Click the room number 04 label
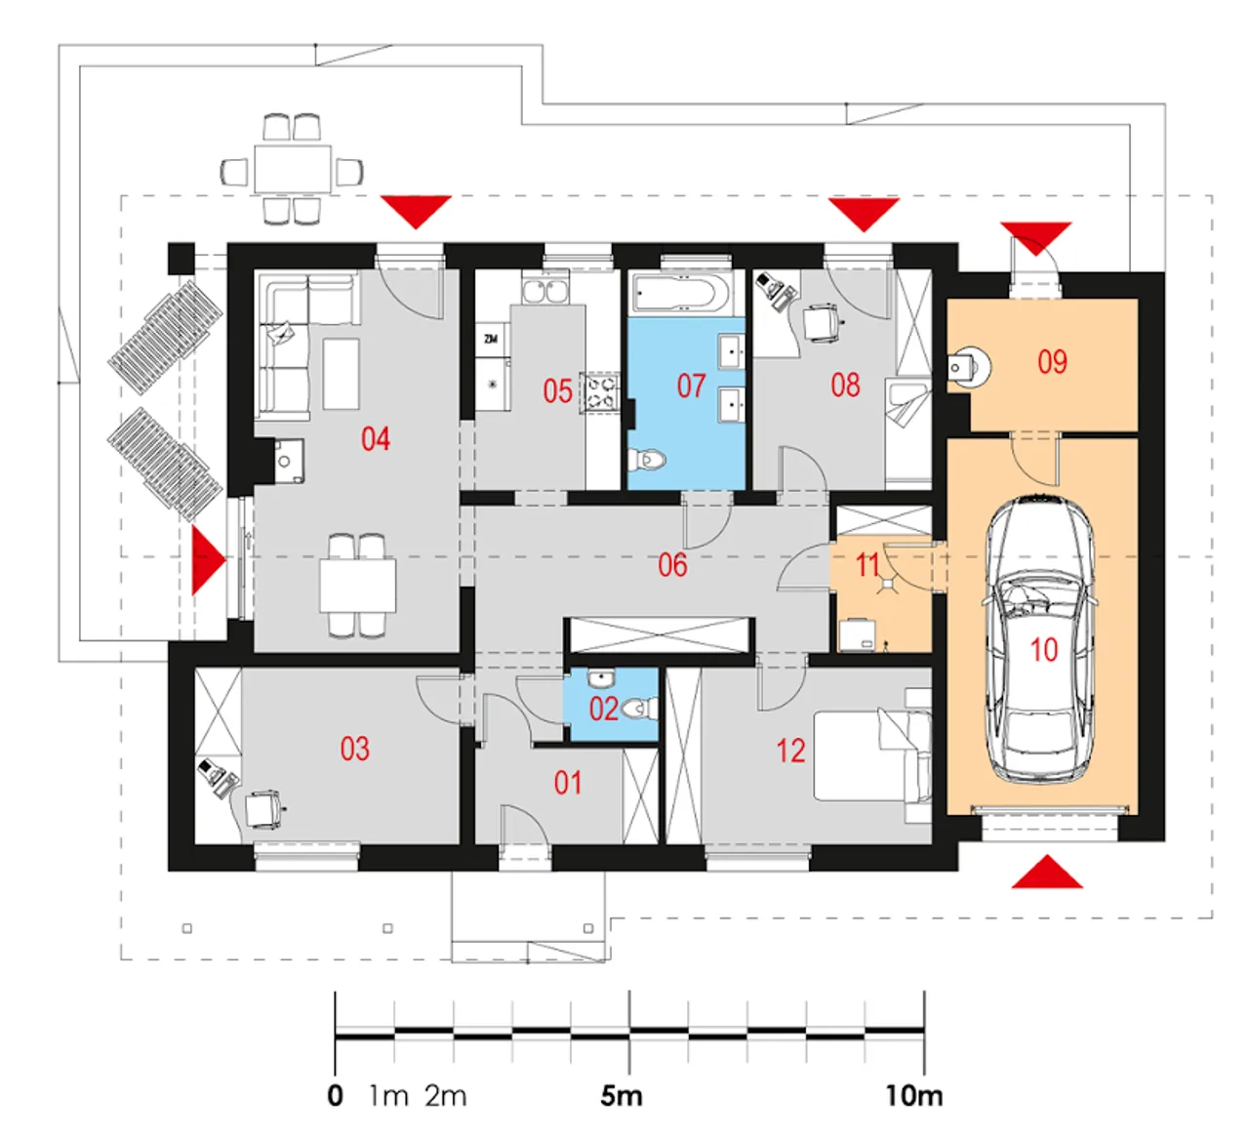pos(376,439)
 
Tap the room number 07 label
pos(691,386)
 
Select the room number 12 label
pos(790,751)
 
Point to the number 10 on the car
pos(1044,650)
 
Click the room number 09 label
pos(1052,362)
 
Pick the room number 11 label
pos(867,565)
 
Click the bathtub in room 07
pos(684,294)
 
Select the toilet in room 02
pos(640,708)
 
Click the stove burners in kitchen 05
pos(600,393)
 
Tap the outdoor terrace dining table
pos(292,169)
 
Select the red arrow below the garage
pos(1047,871)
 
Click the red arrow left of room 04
pos(208,560)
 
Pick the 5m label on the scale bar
pos(621,1096)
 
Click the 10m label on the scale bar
pos(913,1096)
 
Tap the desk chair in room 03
pos(262,809)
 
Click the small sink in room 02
pos(600,676)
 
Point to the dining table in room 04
pos(357,586)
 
